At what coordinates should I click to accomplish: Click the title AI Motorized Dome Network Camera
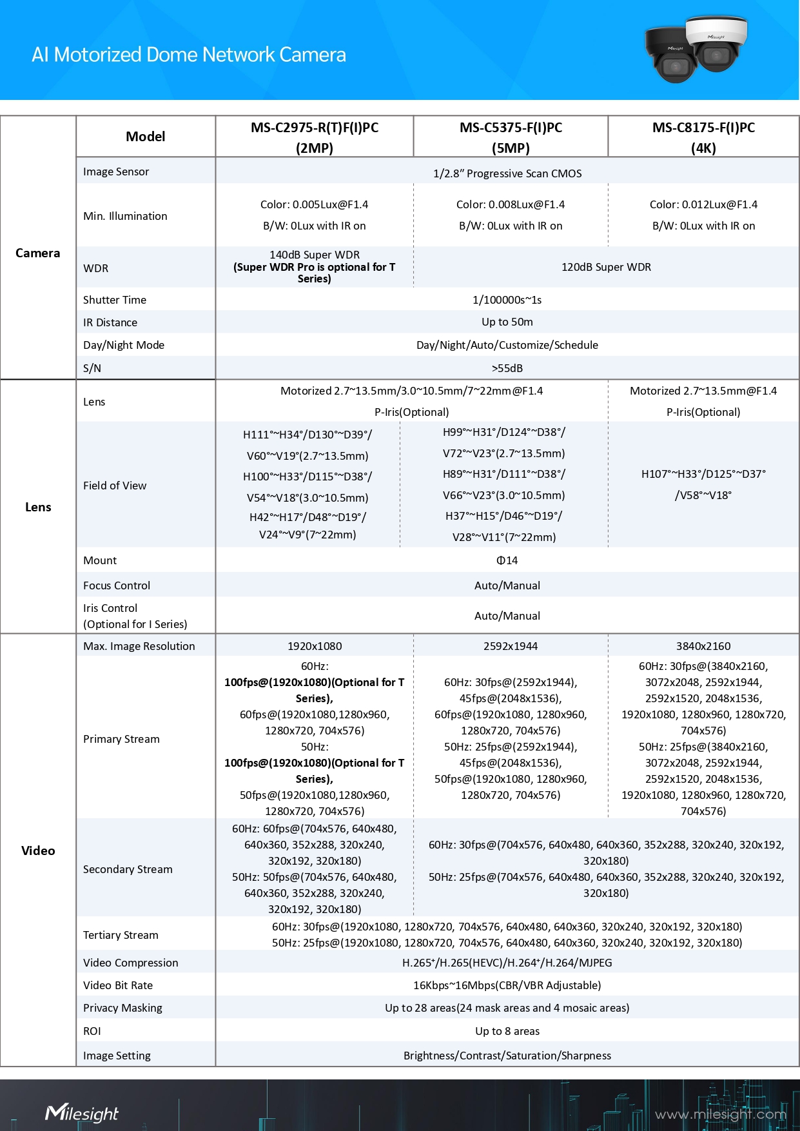188,55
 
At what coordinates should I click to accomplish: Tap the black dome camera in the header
671,56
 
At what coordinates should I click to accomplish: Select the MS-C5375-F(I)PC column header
511,137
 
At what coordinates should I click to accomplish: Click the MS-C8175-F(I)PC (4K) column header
703,137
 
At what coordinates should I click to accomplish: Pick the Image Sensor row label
116,172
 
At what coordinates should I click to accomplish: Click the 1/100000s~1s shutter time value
507,300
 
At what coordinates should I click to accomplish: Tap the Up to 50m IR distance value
507,322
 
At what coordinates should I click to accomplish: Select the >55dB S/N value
507,368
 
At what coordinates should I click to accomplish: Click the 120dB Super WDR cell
606,267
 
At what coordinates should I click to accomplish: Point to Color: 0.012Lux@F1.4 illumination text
703,204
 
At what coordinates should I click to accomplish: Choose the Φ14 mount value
507,560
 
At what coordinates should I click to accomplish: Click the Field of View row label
115,486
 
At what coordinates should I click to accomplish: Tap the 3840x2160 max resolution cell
703,646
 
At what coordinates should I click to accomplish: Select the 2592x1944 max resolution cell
511,646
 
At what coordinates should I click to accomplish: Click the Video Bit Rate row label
118,985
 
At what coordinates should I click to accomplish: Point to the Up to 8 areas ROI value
507,1031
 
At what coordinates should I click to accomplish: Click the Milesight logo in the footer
82,1113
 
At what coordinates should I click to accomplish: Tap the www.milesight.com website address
720,1114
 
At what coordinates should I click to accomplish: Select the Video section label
38,851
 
